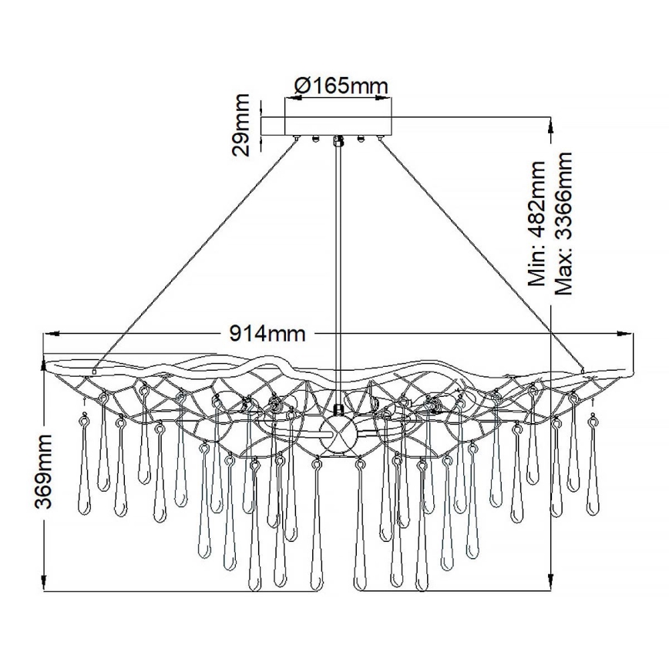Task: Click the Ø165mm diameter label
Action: coord(339,86)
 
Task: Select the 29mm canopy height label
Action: coord(243,125)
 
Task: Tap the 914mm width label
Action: coord(267,334)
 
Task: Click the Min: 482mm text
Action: coord(535,224)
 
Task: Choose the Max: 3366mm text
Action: coord(564,224)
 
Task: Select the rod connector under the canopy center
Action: coord(339,140)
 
